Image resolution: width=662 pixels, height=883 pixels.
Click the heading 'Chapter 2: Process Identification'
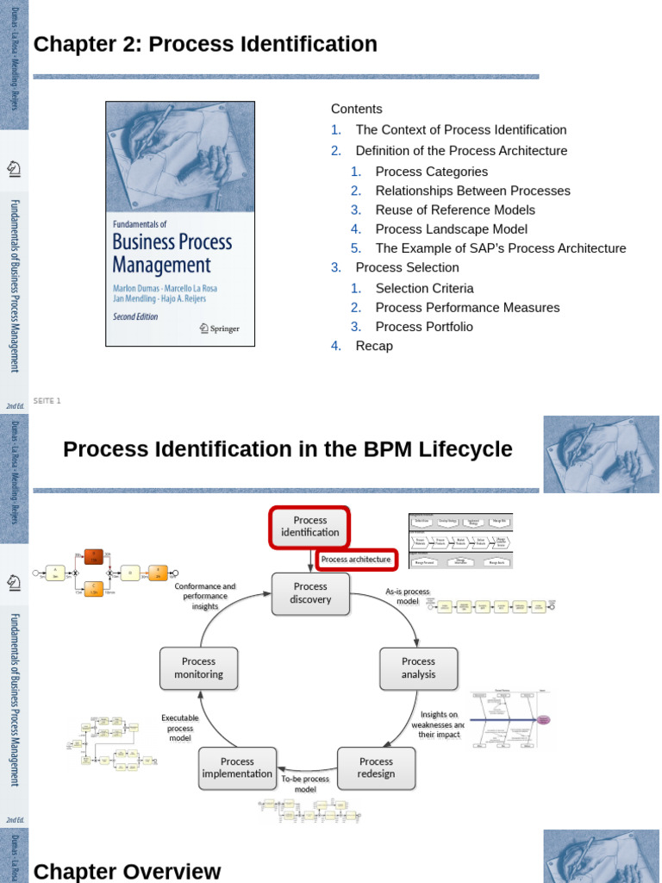pyautogui.click(x=205, y=44)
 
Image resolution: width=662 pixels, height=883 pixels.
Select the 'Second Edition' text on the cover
pyautogui.click(x=136, y=316)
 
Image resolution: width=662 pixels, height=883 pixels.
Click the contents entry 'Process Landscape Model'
pyautogui.click(x=451, y=229)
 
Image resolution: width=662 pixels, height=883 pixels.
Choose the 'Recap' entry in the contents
pyautogui.click(x=373, y=346)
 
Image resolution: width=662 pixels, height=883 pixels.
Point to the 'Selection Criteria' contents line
pyautogui.click(x=424, y=289)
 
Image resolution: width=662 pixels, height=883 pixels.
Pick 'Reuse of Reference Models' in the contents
pyautogui.click(x=455, y=210)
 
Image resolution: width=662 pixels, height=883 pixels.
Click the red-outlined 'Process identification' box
pyautogui.click(x=310, y=527)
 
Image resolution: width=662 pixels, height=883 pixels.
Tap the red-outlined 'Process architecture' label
pyautogui.click(x=356, y=560)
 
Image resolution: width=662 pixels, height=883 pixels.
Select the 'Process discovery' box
pyautogui.click(x=310, y=593)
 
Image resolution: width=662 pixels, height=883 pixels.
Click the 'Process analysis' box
pyautogui.click(x=418, y=668)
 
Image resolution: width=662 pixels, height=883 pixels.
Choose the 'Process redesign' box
pyautogui.click(x=376, y=767)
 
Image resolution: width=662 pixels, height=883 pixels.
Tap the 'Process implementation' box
pyautogui.click(x=237, y=767)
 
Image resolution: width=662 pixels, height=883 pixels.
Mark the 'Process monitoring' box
pyautogui.click(x=198, y=668)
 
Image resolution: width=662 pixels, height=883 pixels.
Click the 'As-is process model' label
pyautogui.click(x=407, y=597)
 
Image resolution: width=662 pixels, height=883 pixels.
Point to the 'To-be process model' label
pyautogui.click(x=305, y=784)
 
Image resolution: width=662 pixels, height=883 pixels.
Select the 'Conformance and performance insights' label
pyautogui.click(x=205, y=596)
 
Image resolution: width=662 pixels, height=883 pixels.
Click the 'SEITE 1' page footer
pyautogui.click(x=47, y=401)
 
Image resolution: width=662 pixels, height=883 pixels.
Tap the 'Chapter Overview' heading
pyautogui.click(x=127, y=871)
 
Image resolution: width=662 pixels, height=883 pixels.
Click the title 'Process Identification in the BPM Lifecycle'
pyautogui.click(x=288, y=449)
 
